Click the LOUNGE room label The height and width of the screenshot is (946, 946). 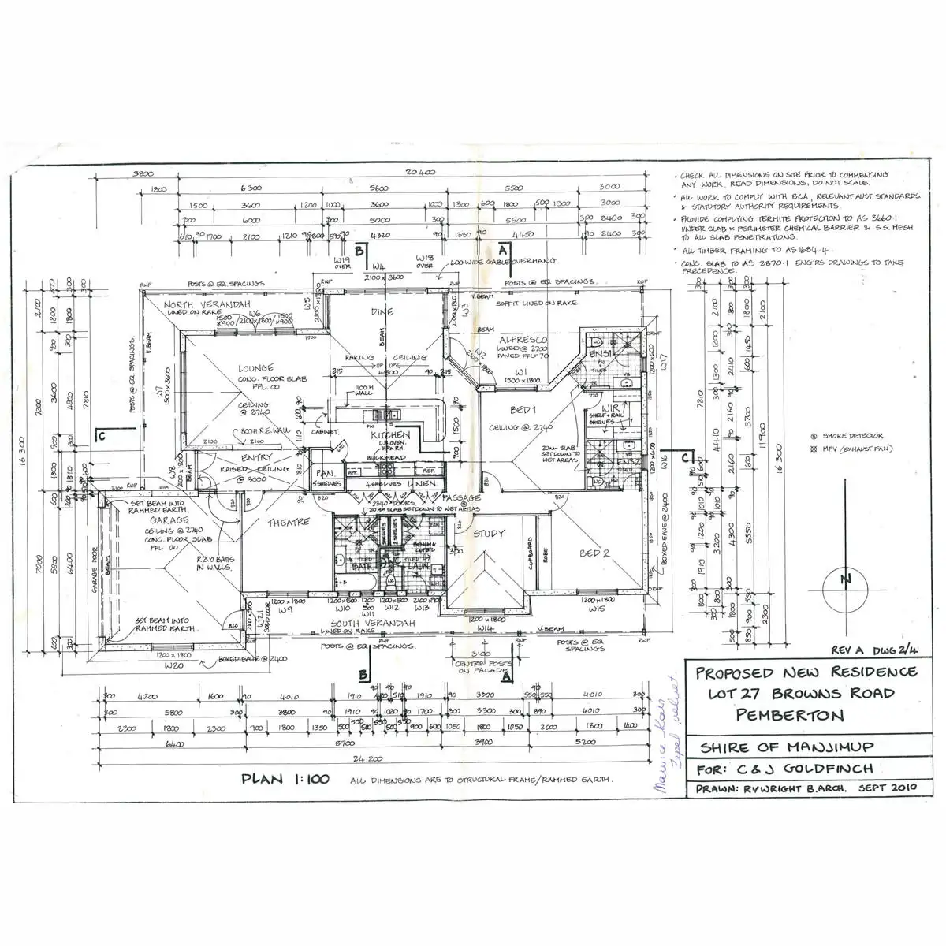click(x=256, y=368)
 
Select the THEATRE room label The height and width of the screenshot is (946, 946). click(x=288, y=523)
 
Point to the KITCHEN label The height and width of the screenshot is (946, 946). click(x=391, y=435)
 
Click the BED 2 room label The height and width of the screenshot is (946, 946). click(x=595, y=553)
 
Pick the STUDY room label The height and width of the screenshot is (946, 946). click(x=489, y=534)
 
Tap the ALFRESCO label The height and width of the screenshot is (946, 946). click(x=523, y=340)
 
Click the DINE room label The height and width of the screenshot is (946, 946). click(x=382, y=312)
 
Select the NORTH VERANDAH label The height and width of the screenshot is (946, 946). click(x=207, y=304)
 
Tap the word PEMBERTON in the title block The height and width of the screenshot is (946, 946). click(x=791, y=715)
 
